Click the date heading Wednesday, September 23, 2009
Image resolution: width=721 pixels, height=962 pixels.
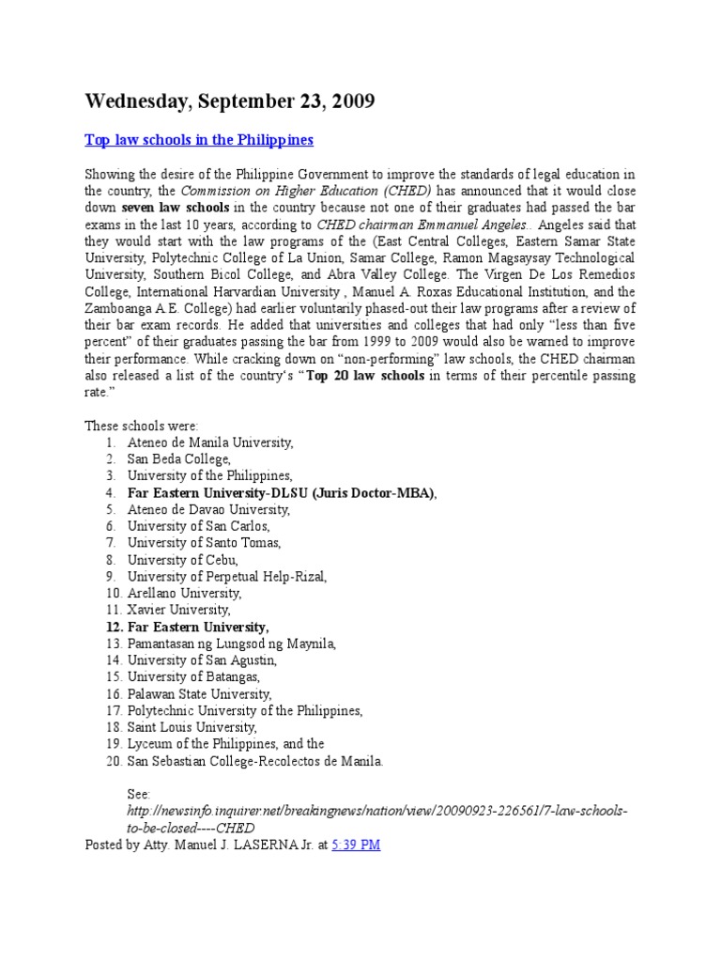point(230,101)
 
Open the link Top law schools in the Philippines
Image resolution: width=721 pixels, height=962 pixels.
point(199,140)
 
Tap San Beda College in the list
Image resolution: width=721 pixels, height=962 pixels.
point(178,458)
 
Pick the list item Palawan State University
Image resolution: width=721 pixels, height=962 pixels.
point(200,694)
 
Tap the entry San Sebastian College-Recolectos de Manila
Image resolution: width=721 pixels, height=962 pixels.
point(255,761)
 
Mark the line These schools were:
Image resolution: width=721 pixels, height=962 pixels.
point(142,425)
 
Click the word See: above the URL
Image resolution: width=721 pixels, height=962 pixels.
point(138,794)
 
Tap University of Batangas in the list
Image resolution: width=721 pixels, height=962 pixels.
point(193,677)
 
